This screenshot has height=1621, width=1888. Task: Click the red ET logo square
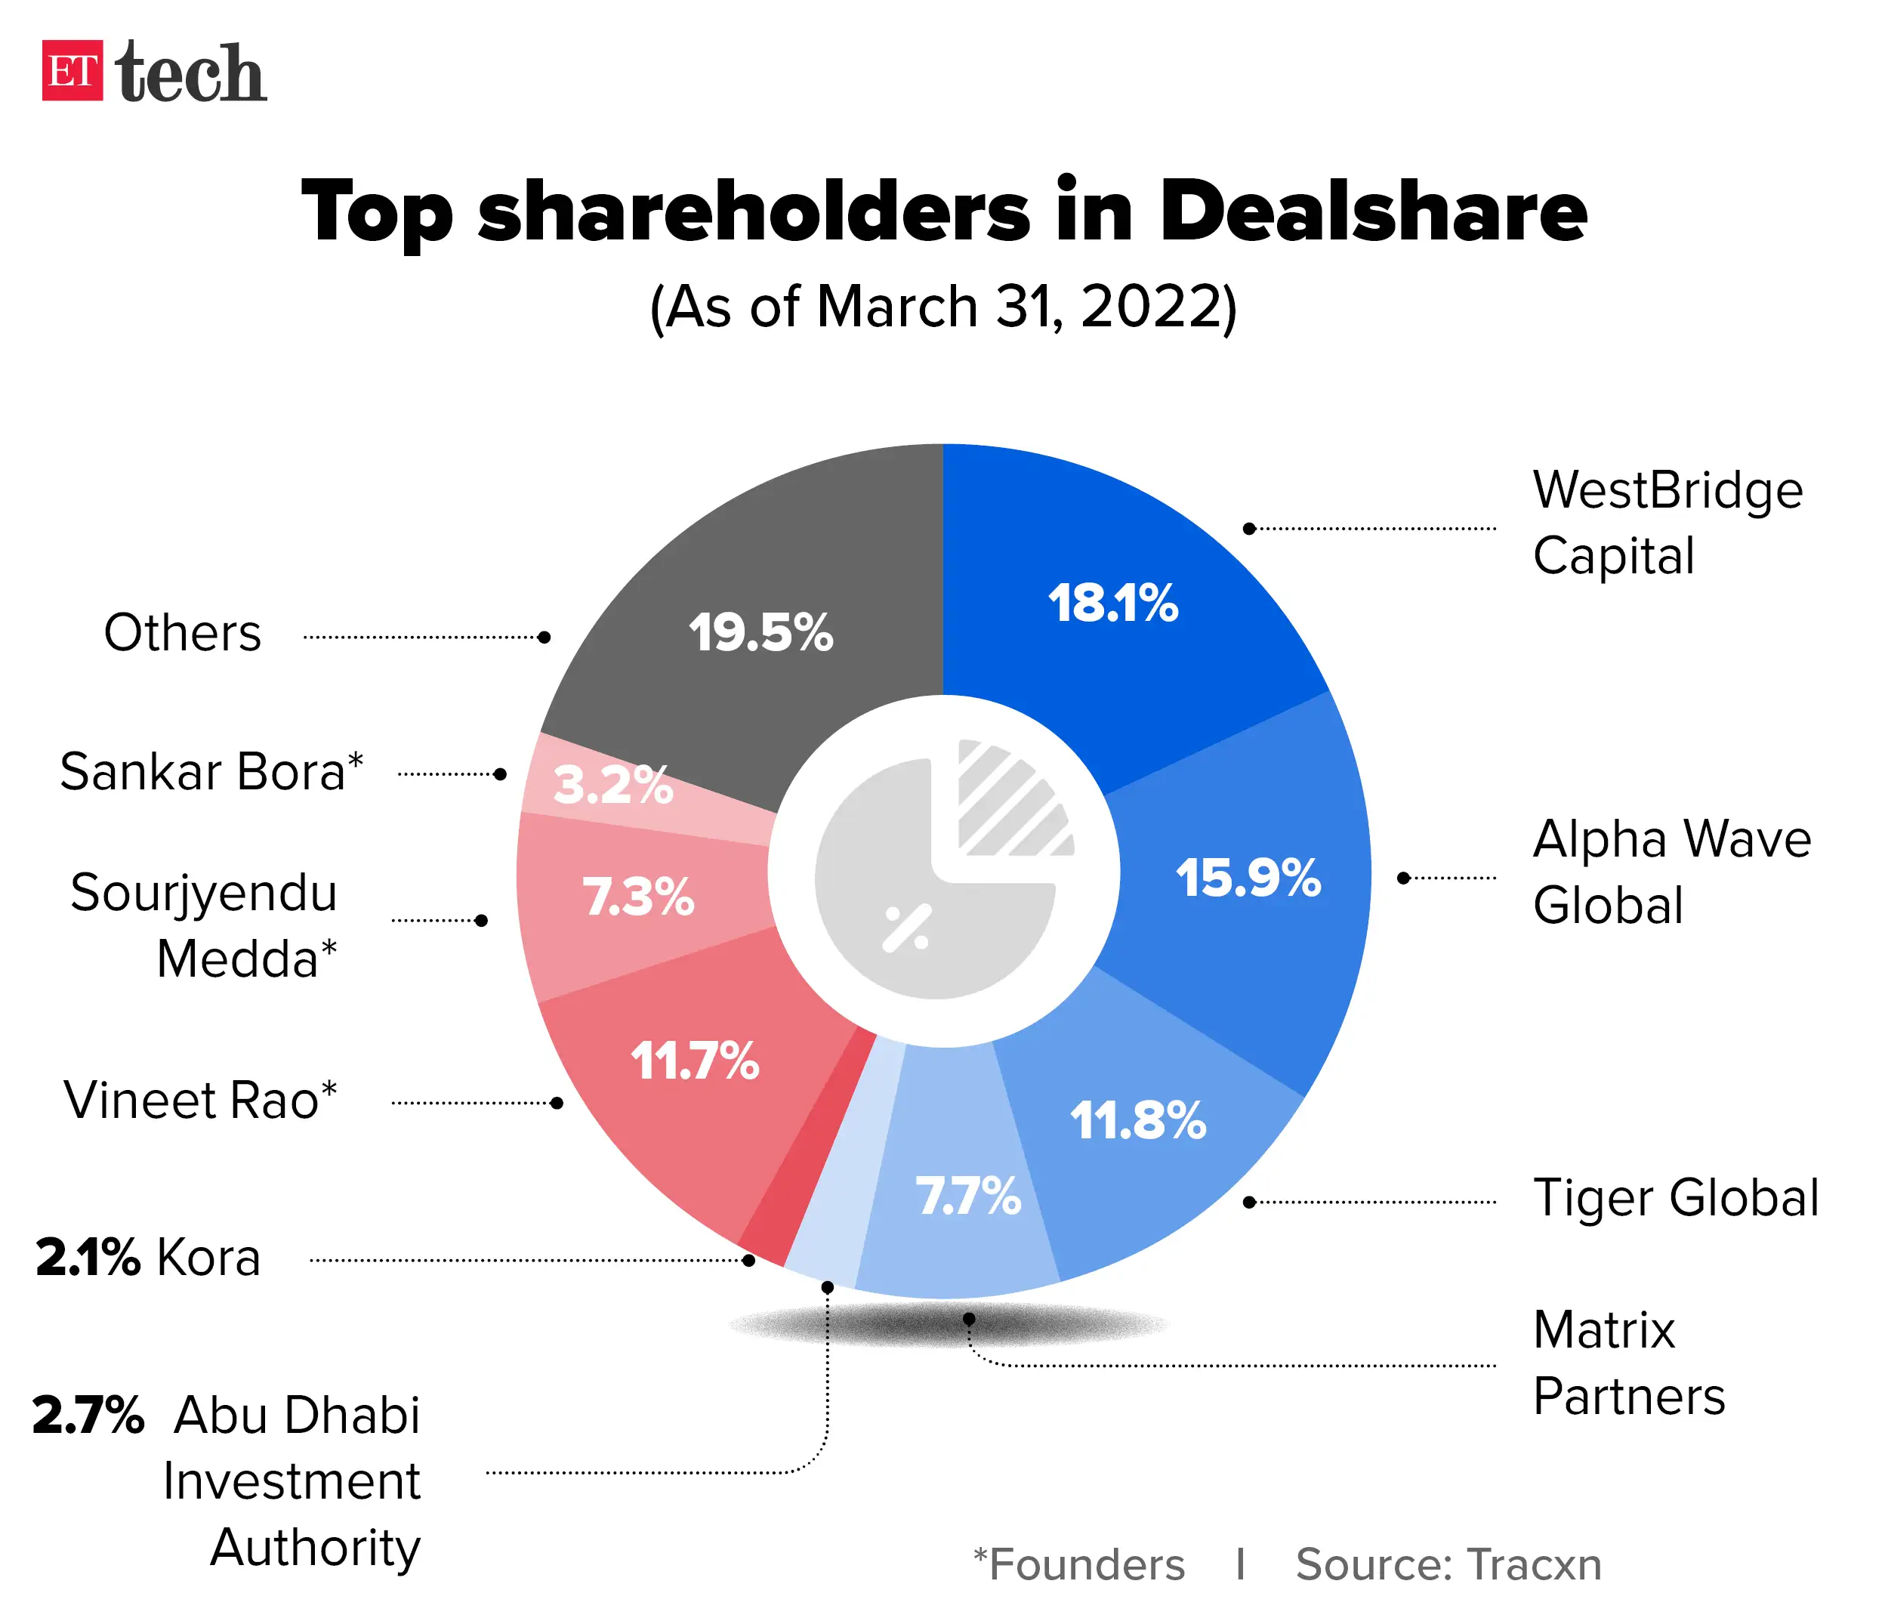pyautogui.click(x=72, y=70)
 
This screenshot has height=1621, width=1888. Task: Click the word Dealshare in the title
pyautogui.click(x=1372, y=212)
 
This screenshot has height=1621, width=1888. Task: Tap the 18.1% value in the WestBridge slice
pyautogui.click(x=1112, y=604)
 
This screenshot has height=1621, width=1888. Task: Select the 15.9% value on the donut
pyautogui.click(x=1248, y=878)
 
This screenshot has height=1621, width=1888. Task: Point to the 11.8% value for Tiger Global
pyautogui.click(x=1137, y=1121)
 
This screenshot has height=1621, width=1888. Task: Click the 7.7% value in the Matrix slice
pyautogui.click(x=967, y=1196)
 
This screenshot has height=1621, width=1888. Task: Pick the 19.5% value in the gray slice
pyautogui.click(x=760, y=632)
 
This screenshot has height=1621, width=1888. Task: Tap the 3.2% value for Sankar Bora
pyautogui.click(x=612, y=785)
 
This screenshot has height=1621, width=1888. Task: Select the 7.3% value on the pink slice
pyautogui.click(x=638, y=897)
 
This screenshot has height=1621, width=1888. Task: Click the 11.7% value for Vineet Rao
pyautogui.click(x=694, y=1061)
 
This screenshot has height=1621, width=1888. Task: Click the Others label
pyautogui.click(x=182, y=632)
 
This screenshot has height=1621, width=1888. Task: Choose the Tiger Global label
pyautogui.click(x=1675, y=1197)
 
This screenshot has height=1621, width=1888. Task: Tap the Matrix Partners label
pyautogui.click(x=1628, y=1363)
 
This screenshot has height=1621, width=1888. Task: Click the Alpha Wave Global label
pyautogui.click(x=1671, y=871)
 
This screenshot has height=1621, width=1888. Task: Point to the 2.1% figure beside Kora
pyautogui.click(x=88, y=1258)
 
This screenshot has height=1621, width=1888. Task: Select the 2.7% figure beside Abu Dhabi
pyautogui.click(x=88, y=1415)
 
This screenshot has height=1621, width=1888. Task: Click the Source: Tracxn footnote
pyautogui.click(x=1448, y=1564)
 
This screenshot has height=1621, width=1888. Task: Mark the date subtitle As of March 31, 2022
pyautogui.click(x=943, y=307)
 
